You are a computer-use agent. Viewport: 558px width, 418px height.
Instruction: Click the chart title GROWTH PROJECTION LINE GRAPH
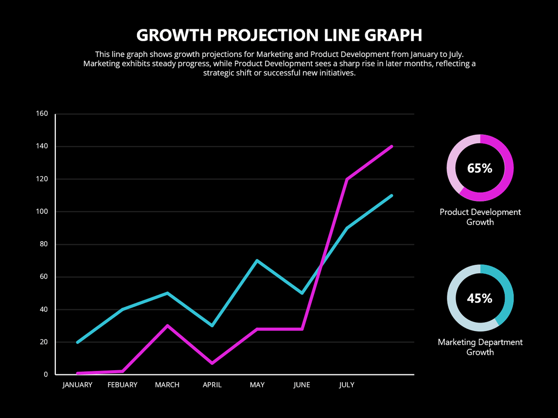click(x=279, y=35)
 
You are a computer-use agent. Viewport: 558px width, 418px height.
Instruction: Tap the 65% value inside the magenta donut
click(x=480, y=168)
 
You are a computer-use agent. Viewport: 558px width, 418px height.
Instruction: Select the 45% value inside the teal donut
click(x=480, y=298)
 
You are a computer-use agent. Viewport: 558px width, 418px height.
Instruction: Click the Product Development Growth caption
click(x=480, y=217)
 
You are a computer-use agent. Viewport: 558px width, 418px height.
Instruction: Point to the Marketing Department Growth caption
click(x=480, y=347)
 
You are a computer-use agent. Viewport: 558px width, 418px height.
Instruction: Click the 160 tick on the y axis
click(x=42, y=114)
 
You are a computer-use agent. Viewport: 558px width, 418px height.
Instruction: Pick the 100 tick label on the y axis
click(x=42, y=211)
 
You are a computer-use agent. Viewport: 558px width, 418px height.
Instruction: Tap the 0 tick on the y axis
click(x=46, y=375)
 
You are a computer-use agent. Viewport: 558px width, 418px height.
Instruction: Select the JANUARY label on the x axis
click(x=77, y=385)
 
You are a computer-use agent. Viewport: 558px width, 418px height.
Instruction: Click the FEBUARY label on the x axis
click(x=122, y=385)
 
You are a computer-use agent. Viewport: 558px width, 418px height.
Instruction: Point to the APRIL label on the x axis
click(x=212, y=385)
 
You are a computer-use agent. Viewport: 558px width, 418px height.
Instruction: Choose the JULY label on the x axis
click(x=347, y=385)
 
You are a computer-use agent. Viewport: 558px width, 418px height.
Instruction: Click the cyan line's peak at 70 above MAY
click(x=257, y=260)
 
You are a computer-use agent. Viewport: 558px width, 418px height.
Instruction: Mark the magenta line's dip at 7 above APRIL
click(x=212, y=363)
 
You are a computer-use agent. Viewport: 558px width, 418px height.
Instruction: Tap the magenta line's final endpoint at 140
click(x=392, y=146)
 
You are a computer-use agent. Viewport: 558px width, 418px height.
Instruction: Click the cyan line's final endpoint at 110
click(x=392, y=195)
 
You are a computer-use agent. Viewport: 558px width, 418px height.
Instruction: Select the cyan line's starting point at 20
click(x=77, y=342)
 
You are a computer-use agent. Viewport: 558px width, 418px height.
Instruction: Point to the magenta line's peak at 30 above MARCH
click(x=167, y=325)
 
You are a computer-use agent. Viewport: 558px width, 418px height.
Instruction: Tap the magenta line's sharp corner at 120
click(x=347, y=179)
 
